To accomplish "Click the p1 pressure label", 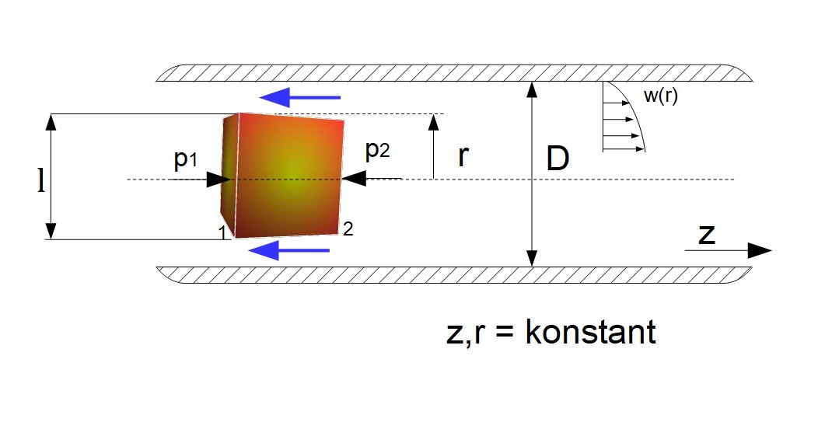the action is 186,159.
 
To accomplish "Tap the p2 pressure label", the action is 377,151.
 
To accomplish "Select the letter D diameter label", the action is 558,159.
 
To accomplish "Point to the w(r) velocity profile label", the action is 661,96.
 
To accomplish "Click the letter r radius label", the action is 463,156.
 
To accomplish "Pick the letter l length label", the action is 41,181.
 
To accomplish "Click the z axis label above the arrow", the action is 707,235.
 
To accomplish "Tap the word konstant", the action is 590,332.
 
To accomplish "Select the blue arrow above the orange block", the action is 300,97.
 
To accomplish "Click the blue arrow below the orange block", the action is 288,250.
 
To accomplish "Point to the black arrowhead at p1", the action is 218,180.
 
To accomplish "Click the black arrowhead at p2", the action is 354,179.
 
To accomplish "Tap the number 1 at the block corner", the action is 222,232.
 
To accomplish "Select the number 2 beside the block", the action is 348,228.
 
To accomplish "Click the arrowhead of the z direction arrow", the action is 760,251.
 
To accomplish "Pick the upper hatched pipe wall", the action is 454,73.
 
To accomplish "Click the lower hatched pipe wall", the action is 454,275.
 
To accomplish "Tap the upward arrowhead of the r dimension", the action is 434,123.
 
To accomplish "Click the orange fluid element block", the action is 282,175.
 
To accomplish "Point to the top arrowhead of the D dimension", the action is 533,90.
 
